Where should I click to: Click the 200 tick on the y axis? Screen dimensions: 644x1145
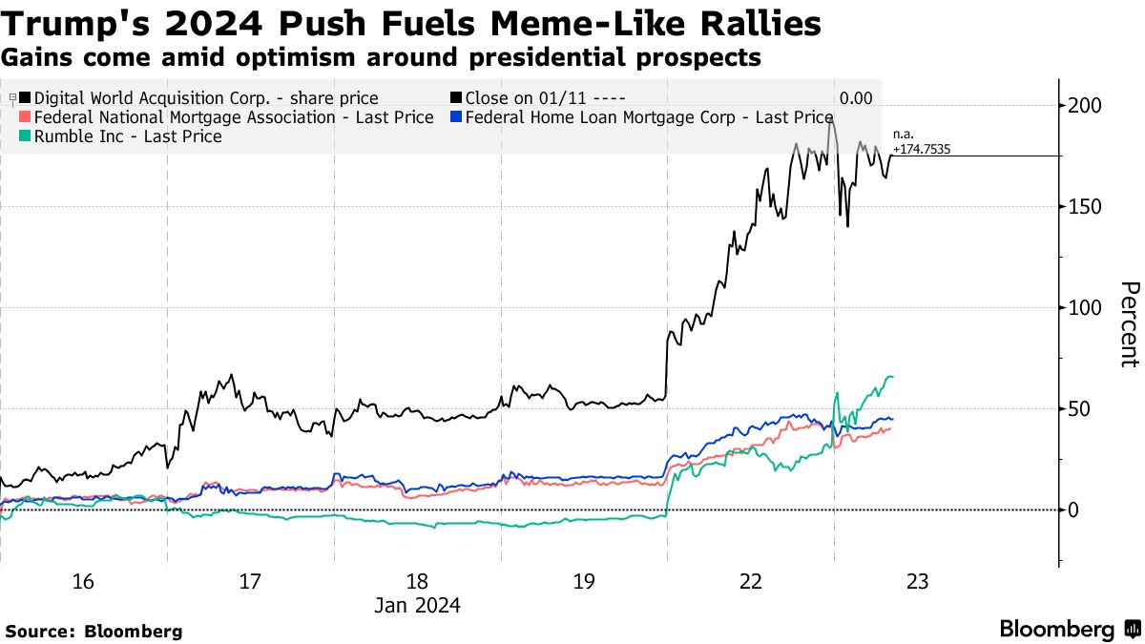click(1085, 106)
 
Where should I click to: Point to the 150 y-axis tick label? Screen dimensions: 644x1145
click(1085, 207)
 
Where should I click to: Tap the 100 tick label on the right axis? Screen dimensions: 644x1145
click(1085, 308)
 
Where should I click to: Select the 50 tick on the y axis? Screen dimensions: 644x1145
click(1079, 409)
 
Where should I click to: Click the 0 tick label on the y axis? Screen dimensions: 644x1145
click(1073, 510)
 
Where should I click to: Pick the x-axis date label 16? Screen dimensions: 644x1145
click(83, 581)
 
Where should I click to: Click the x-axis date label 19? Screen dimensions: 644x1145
click(584, 581)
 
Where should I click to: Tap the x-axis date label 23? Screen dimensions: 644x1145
click(918, 581)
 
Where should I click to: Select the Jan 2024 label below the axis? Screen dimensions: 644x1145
click(417, 605)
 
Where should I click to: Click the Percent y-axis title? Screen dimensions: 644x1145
click(1129, 324)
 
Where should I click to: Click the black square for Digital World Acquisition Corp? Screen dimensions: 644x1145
click(25, 98)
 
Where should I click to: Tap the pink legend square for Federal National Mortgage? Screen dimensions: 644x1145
click(25, 117)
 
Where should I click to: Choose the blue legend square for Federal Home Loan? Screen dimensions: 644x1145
click(456, 117)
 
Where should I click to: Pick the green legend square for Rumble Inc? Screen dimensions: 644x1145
click(25, 136)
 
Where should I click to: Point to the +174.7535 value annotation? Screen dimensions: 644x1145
click(922, 150)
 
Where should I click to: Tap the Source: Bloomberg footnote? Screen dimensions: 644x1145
click(94, 631)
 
